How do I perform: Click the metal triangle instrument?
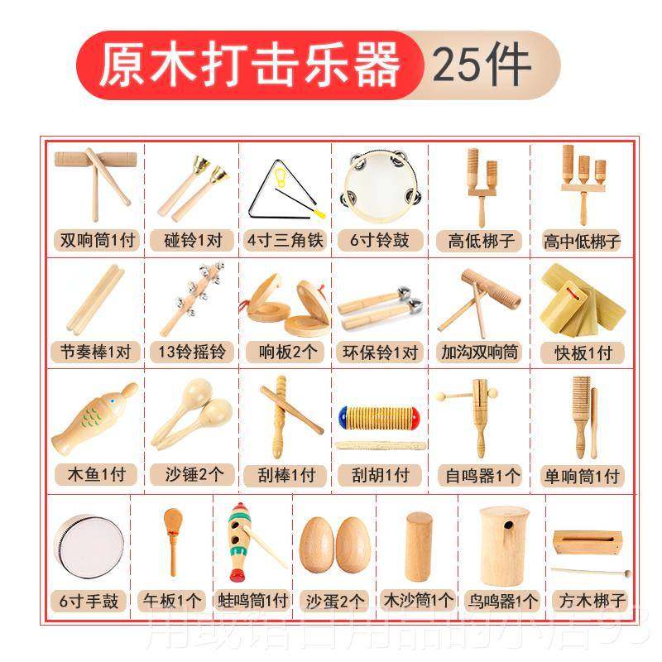pos(278,186)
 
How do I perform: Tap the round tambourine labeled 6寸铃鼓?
pos(379,182)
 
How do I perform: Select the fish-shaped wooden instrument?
pos(94,420)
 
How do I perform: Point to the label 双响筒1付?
pos(97,241)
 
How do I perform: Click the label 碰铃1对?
pos(192,241)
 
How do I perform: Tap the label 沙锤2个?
pos(192,476)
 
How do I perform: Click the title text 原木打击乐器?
pos(249,65)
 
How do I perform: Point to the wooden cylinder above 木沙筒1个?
pos(419,546)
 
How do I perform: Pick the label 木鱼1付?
pos(96,476)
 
